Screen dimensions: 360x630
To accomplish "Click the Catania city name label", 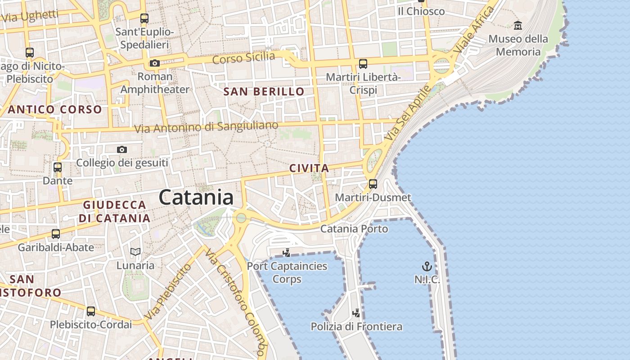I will point(196,198).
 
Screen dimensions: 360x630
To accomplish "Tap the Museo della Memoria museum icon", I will point(517,25).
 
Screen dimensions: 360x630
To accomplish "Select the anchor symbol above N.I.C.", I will point(427,266).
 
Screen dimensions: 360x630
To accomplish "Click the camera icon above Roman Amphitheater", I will point(155,63).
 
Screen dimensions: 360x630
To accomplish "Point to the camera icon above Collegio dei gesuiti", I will point(121,149).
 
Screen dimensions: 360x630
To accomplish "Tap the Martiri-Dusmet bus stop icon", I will point(373,184).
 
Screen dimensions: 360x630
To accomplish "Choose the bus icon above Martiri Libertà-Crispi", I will point(363,63).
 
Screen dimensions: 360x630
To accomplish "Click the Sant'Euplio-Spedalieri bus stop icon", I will point(144,18).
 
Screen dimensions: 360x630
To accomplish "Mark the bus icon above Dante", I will point(57,167).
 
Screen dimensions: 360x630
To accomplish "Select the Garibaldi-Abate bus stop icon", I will point(55,234).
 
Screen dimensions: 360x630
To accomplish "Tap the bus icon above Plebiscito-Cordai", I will point(91,311).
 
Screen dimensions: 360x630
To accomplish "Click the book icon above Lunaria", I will point(135,252).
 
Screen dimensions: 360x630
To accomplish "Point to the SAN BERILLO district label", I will point(264,92).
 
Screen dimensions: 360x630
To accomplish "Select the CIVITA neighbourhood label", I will point(309,168).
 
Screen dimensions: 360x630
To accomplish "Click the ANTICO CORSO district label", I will point(55,109).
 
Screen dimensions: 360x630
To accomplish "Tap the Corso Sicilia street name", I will point(243,58).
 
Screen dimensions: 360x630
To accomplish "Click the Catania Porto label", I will point(354,229).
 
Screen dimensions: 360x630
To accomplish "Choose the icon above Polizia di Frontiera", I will point(356,312).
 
